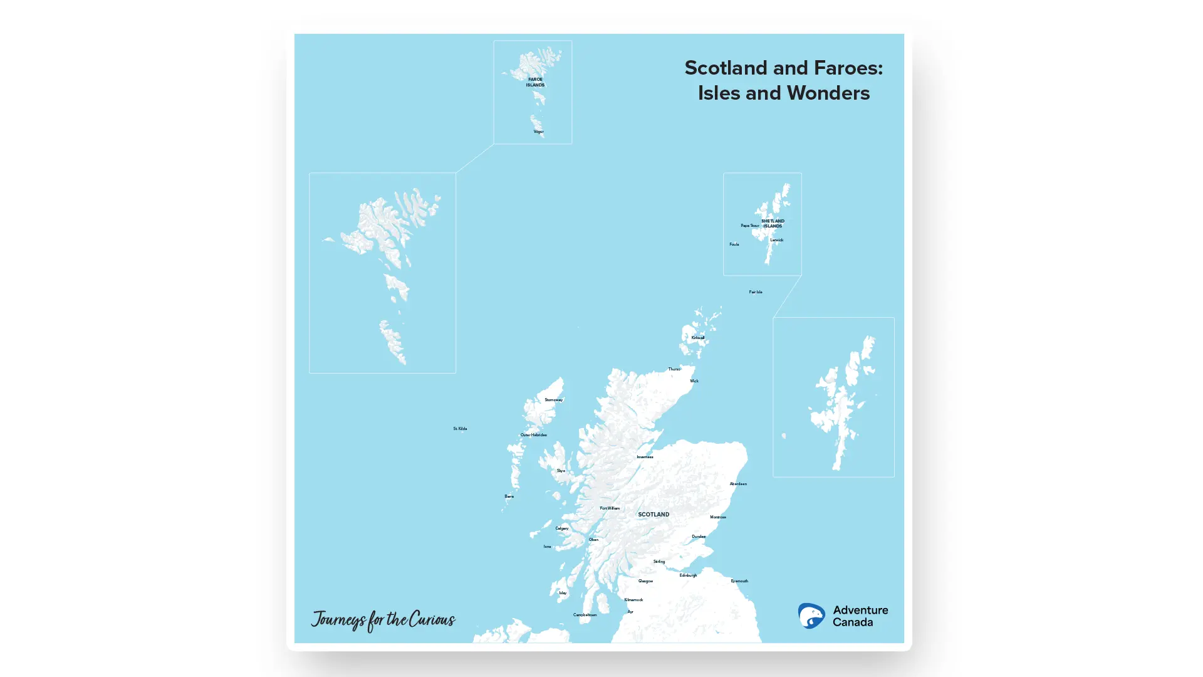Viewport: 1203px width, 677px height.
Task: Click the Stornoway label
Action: coord(553,400)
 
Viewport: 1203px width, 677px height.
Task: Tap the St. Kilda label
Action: coord(460,429)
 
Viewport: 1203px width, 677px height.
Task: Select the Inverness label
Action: coord(645,457)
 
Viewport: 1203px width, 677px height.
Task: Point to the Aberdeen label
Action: coord(738,484)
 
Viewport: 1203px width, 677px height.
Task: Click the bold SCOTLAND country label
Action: coord(654,515)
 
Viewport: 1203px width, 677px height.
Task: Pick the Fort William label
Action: coord(610,508)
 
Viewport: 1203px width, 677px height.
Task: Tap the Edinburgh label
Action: coord(688,575)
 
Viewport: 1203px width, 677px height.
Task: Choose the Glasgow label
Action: coord(645,581)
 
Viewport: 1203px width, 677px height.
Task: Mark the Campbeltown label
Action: coord(585,615)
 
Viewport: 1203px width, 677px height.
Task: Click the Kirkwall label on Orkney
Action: coord(697,338)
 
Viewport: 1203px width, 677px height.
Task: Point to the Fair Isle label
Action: coord(756,292)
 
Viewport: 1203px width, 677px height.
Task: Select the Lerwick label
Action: coord(776,240)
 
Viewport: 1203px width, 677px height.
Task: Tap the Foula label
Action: coord(734,244)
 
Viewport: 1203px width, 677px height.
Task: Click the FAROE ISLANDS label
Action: coord(535,82)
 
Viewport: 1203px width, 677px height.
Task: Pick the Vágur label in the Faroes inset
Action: coord(538,132)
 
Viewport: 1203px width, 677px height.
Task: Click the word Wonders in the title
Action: coord(828,93)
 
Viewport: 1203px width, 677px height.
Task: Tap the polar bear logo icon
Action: coord(811,616)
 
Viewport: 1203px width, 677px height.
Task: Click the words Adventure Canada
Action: coord(860,616)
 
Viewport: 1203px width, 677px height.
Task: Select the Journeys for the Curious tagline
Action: coord(383,620)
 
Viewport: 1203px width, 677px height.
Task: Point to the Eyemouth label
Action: coord(739,581)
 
